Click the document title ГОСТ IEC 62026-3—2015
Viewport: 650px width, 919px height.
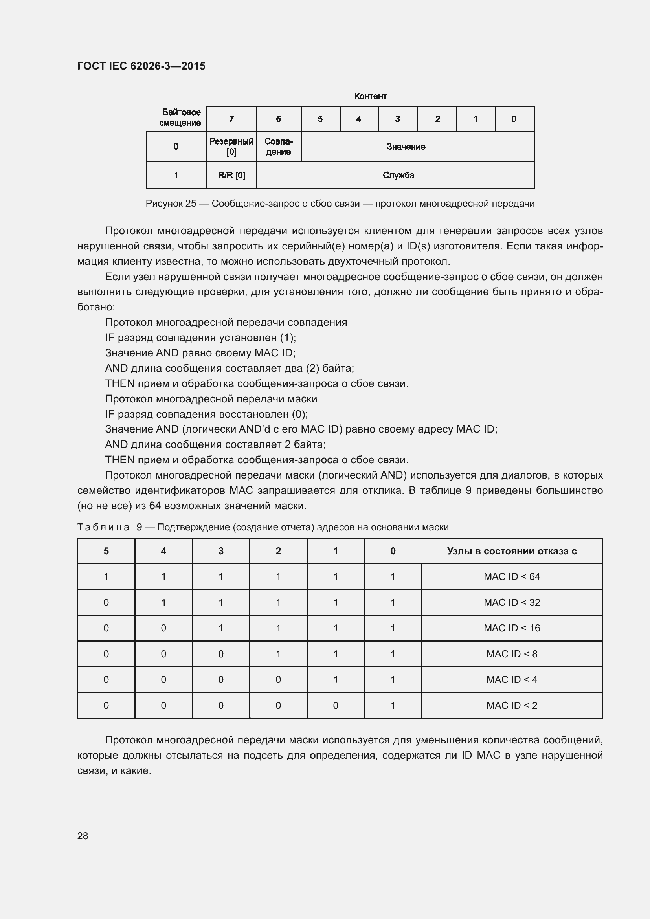click(141, 66)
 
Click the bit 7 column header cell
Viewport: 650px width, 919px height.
click(231, 119)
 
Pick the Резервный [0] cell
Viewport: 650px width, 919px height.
click(231, 147)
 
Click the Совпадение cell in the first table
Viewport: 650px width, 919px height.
click(278, 147)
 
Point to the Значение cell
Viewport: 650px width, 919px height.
click(406, 147)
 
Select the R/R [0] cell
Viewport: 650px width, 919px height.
click(231, 175)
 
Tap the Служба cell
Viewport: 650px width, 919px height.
click(398, 175)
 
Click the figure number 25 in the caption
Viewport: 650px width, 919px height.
click(191, 204)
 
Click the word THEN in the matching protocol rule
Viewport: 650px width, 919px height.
click(120, 383)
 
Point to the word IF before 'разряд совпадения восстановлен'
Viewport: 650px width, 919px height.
click(110, 414)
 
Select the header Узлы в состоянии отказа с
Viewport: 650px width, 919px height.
click(512, 551)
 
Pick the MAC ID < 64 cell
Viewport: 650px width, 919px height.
click(512, 577)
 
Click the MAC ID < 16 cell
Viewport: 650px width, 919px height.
click(512, 628)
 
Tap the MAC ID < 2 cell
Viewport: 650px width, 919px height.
click(512, 705)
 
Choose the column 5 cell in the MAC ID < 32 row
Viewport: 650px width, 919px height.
click(106, 602)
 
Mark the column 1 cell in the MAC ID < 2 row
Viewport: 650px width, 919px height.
click(335, 705)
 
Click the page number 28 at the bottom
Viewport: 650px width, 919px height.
click(83, 836)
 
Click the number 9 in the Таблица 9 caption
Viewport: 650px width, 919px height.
click(139, 527)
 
